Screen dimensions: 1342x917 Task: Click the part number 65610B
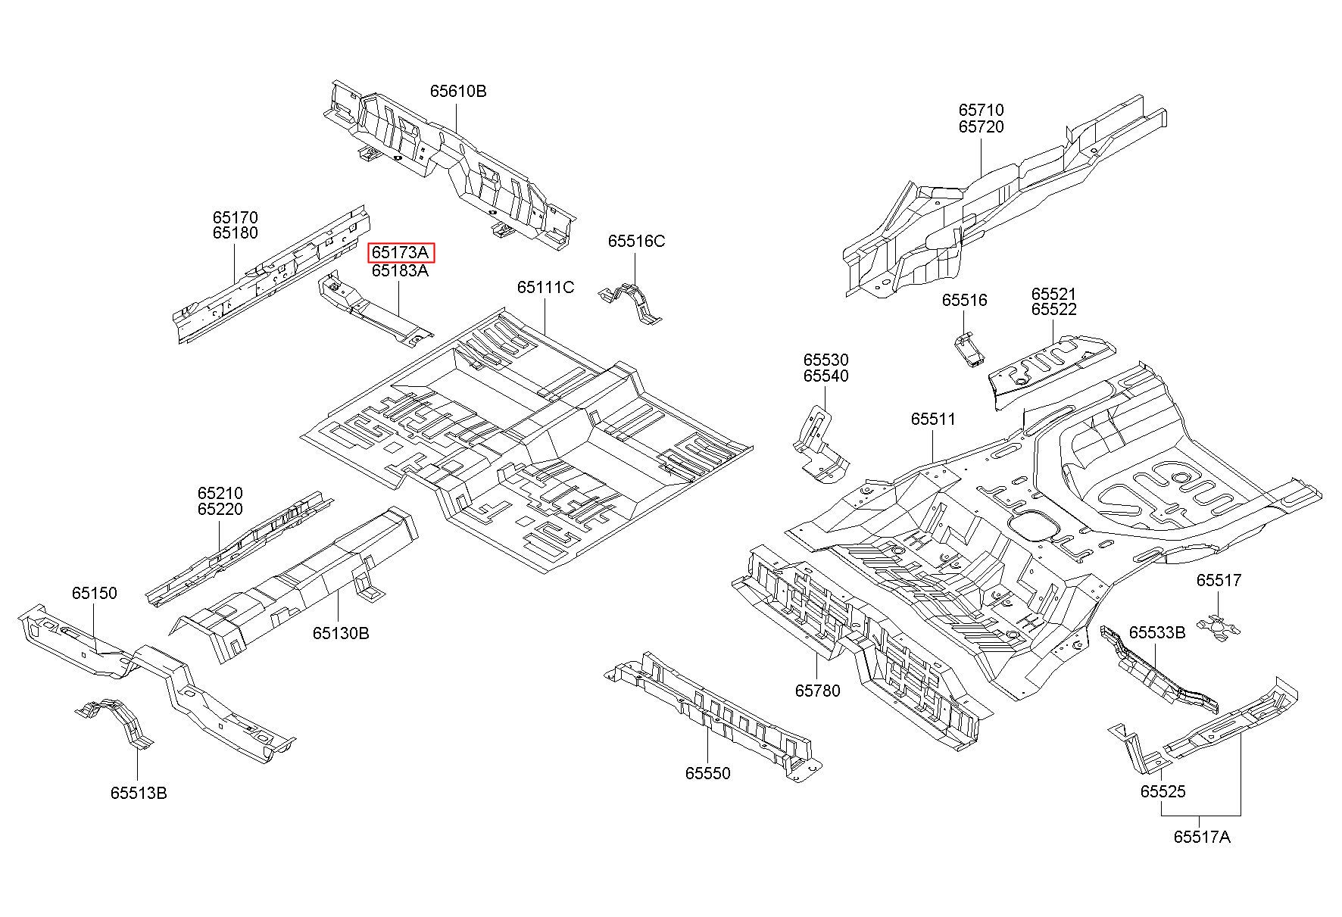tap(458, 91)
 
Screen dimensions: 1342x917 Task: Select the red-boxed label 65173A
tap(401, 253)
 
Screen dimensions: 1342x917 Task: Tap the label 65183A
tap(400, 270)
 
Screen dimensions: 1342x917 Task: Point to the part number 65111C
tap(545, 288)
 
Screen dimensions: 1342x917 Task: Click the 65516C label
tap(636, 241)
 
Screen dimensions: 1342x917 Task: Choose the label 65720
tap(981, 126)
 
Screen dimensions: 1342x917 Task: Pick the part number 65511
tap(933, 419)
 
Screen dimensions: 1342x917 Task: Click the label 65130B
tap(341, 633)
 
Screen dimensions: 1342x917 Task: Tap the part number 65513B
tap(139, 793)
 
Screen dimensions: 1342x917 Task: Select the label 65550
tap(708, 773)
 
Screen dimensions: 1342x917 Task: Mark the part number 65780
tap(817, 691)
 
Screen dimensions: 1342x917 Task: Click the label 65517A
tap(1202, 837)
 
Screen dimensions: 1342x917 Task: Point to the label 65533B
tap(1157, 632)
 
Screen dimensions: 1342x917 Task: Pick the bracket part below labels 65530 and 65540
tap(820, 443)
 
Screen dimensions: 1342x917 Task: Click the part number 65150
tap(95, 593)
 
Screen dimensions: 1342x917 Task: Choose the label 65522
tap(1053, 309)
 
